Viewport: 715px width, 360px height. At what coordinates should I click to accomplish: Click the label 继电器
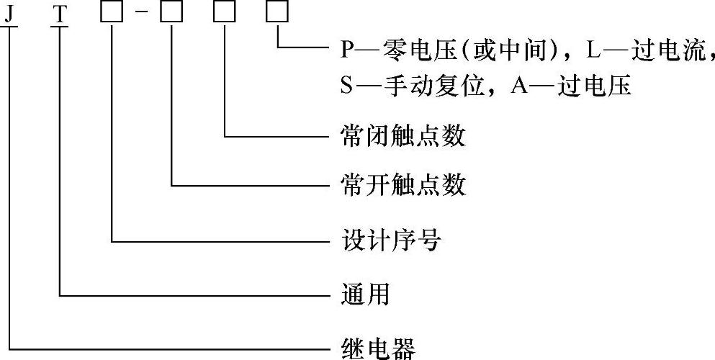pos(377,349)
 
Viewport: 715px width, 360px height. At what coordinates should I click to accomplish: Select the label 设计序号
pos(390,240)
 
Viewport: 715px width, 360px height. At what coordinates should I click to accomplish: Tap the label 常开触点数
pos(403,186)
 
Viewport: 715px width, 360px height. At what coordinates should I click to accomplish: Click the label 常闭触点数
pos(403,135)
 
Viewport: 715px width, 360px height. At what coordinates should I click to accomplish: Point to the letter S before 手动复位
pos(346,86)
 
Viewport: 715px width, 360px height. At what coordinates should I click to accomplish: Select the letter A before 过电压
pos(519,86)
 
